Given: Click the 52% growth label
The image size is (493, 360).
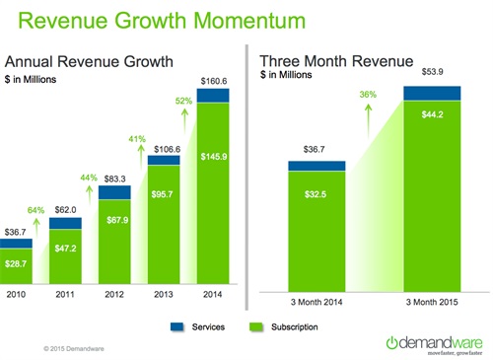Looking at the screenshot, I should click(184, 100).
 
